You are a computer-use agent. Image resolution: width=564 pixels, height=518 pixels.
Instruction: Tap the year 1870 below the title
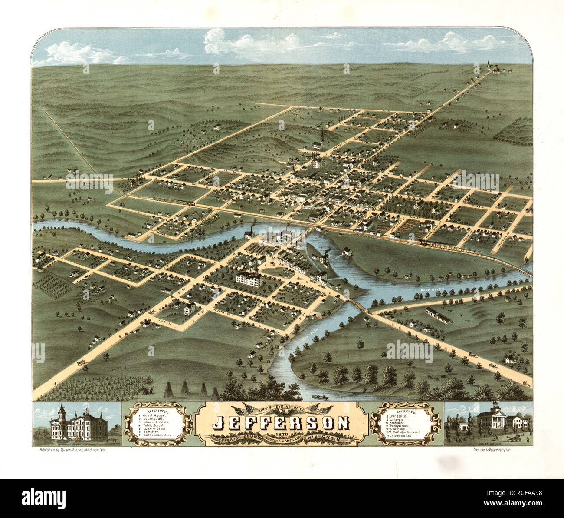click(x=282, y=435)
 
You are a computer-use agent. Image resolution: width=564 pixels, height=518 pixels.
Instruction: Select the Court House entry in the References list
click(x=151, y=415)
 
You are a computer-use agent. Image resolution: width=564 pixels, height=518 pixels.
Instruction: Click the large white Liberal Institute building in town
click(x=251, y=278)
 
